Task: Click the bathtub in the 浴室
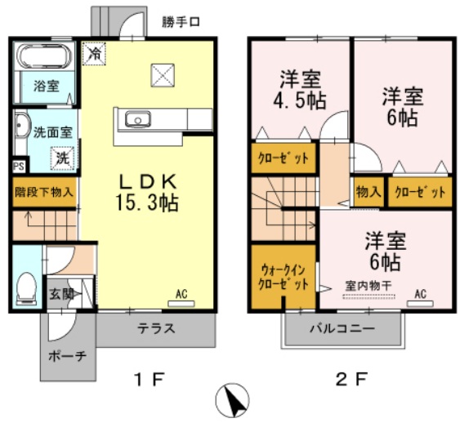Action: [x=46, y=58]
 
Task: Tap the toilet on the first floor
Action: [x=26, y=287]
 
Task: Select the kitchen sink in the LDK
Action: [x=137, y=121]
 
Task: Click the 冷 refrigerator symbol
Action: [x=96, y=55]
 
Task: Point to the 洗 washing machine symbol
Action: [x=62, y=158]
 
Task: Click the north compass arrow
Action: [x=232, y=399]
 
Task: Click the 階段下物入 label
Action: [x=44, y=194]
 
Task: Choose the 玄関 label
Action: [x=58, y=295]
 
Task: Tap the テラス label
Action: [x=157, y=331]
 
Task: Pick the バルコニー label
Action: [x=342, y=330]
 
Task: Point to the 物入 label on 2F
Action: [x=368, y=193]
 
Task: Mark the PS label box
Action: [x=18, y=166]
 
